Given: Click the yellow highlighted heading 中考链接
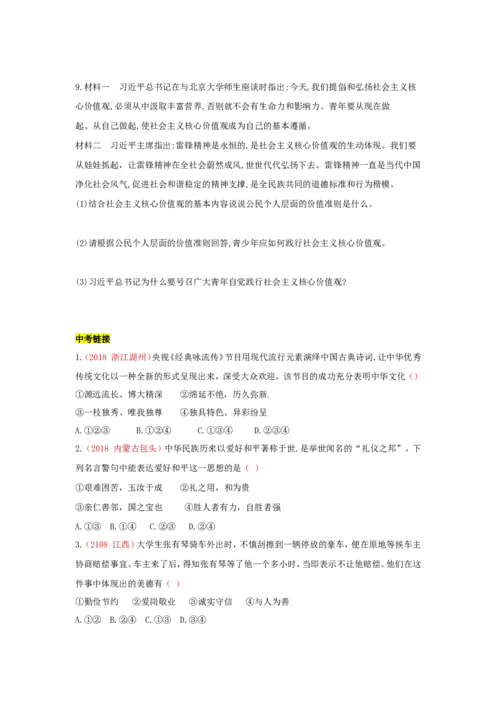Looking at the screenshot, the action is tap(92, 339).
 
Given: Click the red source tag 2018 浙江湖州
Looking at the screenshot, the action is tap(117, 357).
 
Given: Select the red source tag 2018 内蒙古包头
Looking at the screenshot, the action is tap(123, 448).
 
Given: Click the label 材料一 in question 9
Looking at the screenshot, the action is tap(97, 87).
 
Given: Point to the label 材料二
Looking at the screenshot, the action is tap(88, 146).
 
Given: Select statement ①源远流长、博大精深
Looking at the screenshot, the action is tap(118, 394).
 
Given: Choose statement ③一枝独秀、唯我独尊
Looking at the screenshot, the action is tap(118, 412).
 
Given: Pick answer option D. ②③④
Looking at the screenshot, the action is tap(272, 431).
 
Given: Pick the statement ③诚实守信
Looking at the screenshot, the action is tap(210, 602).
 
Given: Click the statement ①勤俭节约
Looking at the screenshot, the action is tap(97, 602).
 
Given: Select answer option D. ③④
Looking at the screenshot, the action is tap(193, 620).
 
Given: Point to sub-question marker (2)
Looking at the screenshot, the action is tap(81, 243).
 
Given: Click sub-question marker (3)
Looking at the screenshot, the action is tap(81, 282).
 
